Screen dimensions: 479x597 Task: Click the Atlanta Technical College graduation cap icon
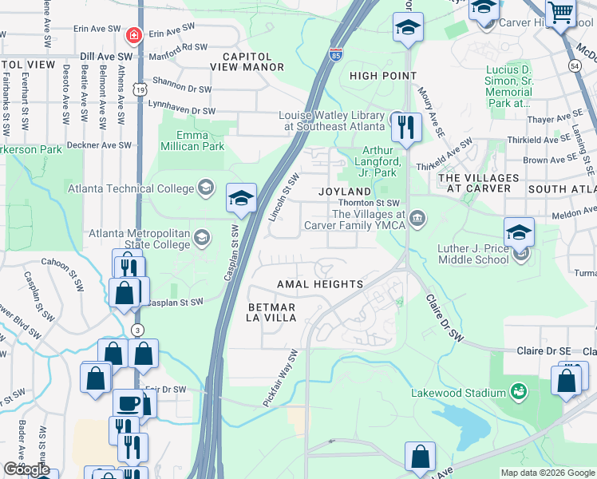pyautogui.click(x=206, y=188)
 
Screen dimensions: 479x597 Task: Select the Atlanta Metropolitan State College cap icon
pyautogui.click(x=202, y=236)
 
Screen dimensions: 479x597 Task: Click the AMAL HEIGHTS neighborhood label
pyautogui.click(x=320, y=284)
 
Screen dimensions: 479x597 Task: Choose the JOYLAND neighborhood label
pyautogui.click(x=345, y=192)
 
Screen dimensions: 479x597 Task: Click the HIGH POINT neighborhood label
pyautogui.click(x=383, y=76)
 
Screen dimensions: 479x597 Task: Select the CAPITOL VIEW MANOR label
pyautogui.click(x=252, y=62)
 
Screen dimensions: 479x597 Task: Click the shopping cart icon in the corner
pyautogui.click(x=562, y=13)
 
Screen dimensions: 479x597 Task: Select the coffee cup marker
pyautogui.click(x=128, y=402)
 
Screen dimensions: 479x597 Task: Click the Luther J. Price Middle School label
pyautogui.click(x=473, y=254)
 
